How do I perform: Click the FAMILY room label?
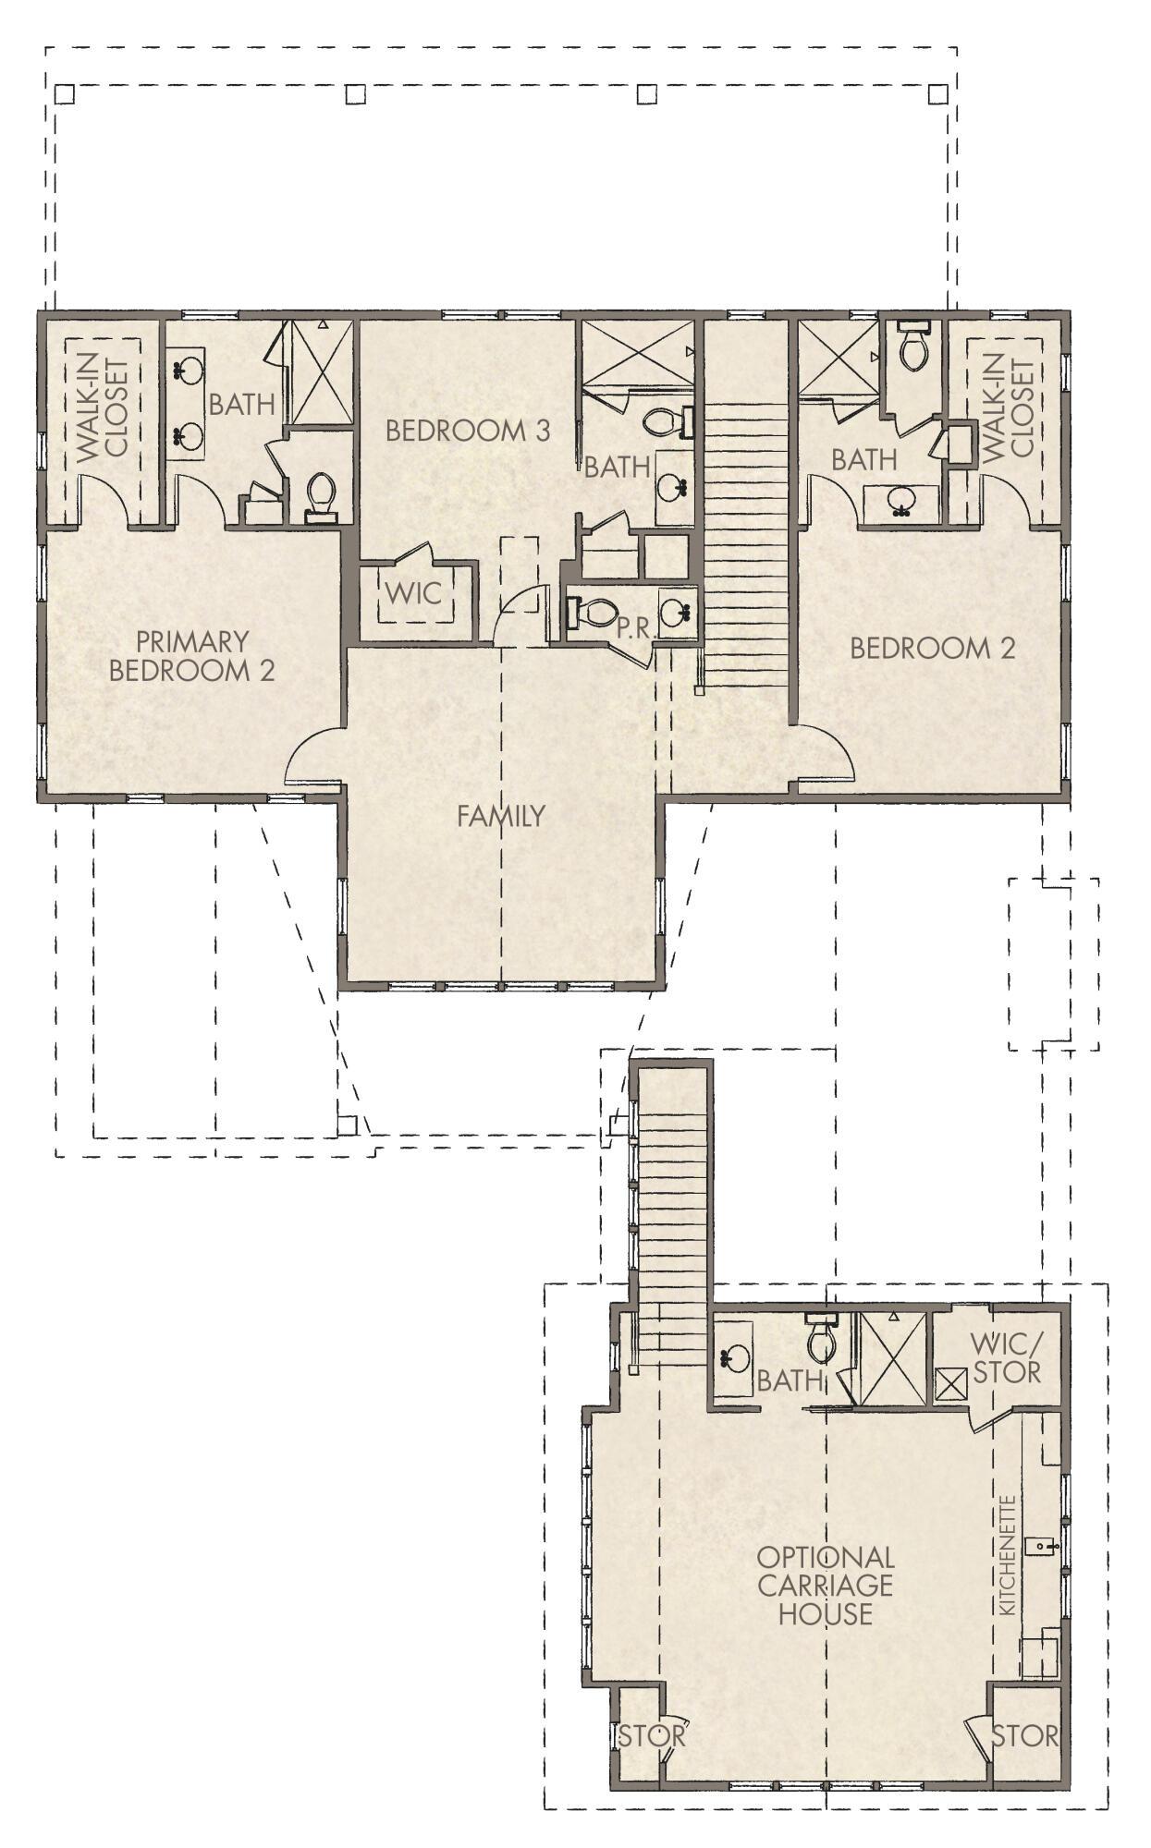point(500,816)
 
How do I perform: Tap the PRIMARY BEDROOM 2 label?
point(192,655)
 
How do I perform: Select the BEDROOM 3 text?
point(468,431)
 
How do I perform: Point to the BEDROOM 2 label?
point(932,648)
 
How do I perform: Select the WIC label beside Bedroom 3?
point(413,592)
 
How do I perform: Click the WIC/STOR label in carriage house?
point(1006,1357)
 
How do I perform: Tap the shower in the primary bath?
point(322,371)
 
